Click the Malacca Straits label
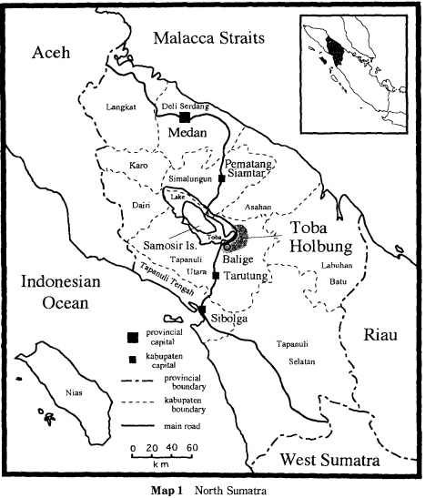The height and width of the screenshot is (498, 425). (210, 37)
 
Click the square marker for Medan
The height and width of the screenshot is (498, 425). (185, 117)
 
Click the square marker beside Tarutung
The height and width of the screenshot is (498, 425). (215, 275)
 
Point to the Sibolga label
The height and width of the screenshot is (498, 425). (225, 320)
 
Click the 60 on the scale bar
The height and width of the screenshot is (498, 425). (191, 449)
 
